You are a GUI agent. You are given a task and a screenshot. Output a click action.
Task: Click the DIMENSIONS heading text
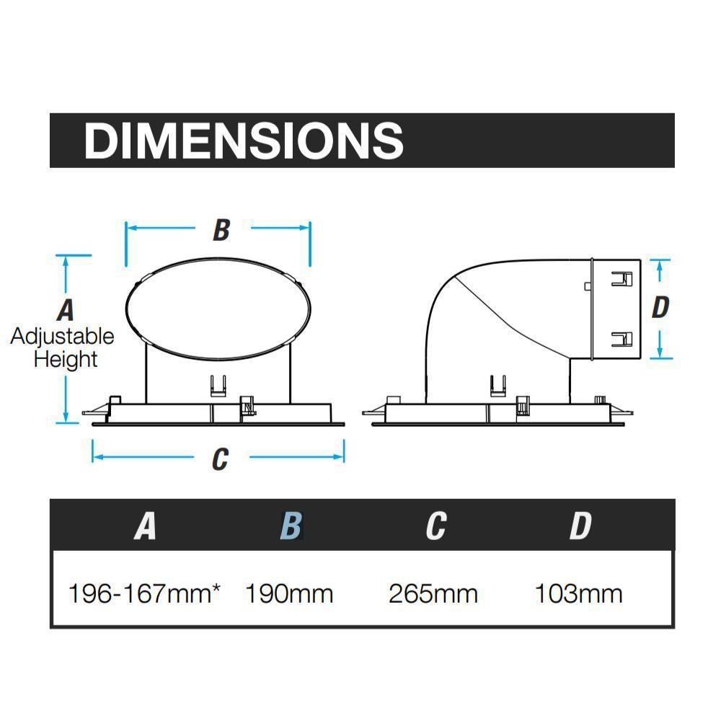[x=243, y=141]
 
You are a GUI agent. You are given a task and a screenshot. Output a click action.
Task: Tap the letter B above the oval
[x=221, y=230]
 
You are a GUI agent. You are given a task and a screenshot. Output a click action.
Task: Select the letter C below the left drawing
[x=220, y=459]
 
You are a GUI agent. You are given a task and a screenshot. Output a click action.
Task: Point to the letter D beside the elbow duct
[x=660, y=307]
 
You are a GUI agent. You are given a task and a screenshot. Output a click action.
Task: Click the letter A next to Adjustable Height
[x=66, y=310]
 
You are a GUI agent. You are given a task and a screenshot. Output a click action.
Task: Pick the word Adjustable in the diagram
[x=63, y=337]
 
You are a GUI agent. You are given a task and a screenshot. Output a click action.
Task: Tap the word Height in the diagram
[x=66, y=359]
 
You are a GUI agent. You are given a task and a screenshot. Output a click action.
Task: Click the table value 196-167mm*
[x=144, y=593]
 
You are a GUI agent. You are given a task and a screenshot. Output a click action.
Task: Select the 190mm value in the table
[x=289, y=593]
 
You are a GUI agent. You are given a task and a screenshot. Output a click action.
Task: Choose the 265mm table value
[x=433, y=593]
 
